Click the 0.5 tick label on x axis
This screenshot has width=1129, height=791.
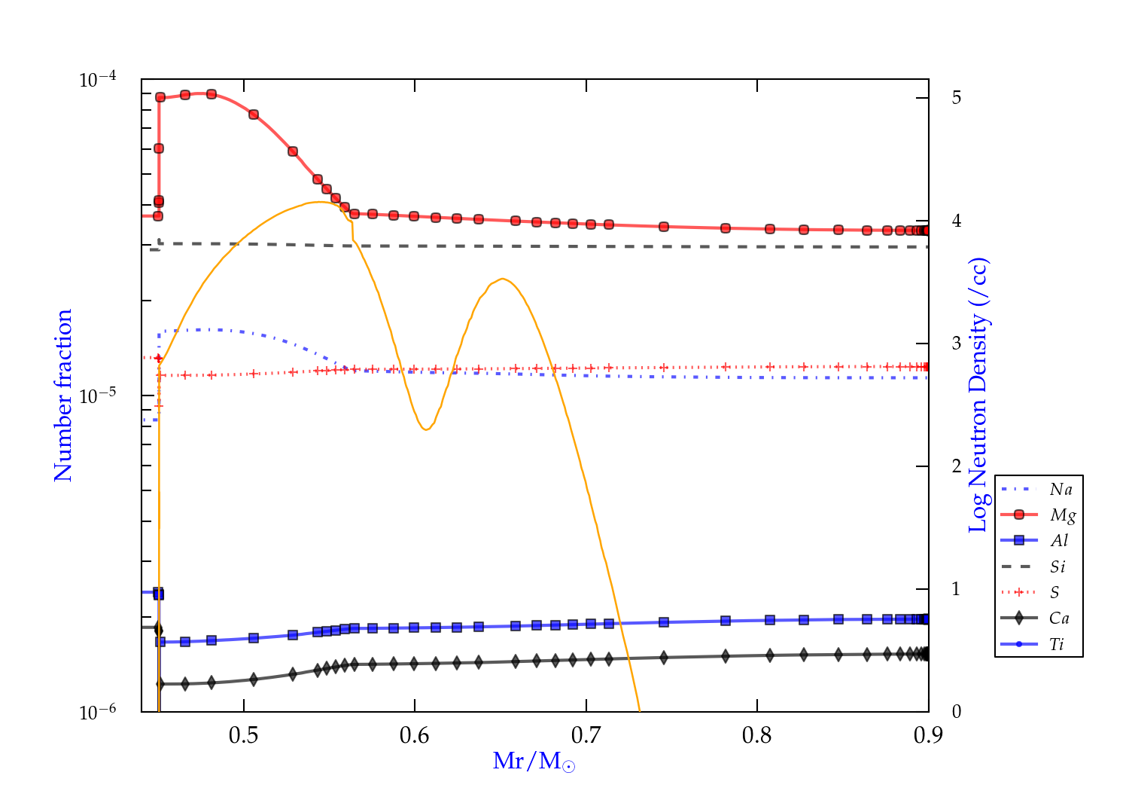pyautogui.click(x=243, y=735)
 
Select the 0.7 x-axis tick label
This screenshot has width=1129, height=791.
pyautogui.click(x=586, y=735)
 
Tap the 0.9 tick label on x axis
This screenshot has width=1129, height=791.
pyautogui.click(x=928, y=735)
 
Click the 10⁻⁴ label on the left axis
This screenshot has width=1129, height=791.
pyautogui.click(x=97, y=79)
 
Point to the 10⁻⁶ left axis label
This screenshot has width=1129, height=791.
pyautogui.click(x=97, y=712)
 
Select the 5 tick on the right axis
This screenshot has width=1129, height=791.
pyautogui.click(x=956, y=98)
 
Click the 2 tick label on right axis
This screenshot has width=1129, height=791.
pyautogui.click(x=956, y=466)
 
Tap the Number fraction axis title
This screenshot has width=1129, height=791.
pyautogui.click(x=63, y=395)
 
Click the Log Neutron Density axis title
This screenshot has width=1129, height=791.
pyautogui.click(x=978, y=395)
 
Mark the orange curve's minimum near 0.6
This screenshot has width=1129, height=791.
pyautogui.click(x=426, y=429)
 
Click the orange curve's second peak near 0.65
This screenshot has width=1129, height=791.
pyautogui.click(x=503, y=279)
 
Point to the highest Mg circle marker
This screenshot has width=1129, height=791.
pyautogui.click(x=211, y=94)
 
